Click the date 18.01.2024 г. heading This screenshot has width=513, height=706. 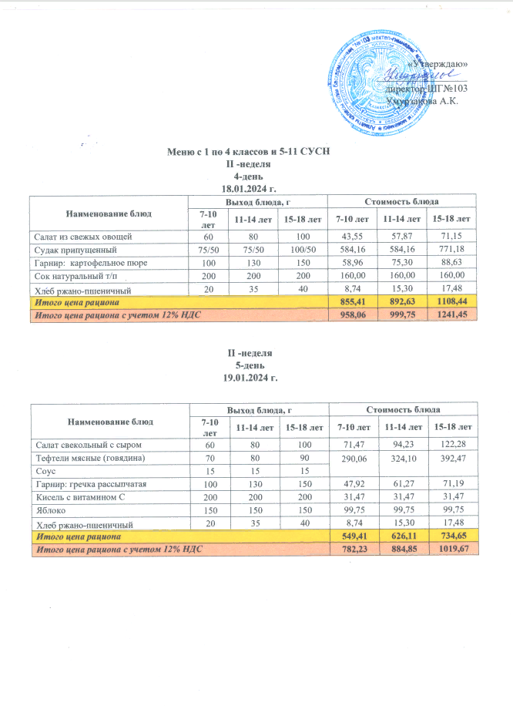(248, 187)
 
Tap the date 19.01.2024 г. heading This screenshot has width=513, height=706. (248, 379)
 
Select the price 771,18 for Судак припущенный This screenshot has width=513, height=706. (451, 249)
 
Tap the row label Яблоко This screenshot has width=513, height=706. (47, 509)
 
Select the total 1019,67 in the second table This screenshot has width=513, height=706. (451, 548)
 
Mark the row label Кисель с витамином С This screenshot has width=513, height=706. (78, 496)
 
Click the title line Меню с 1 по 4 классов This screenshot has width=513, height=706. (248, 152)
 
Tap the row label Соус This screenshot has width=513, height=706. (42, 470)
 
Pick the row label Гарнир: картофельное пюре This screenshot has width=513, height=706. (85, 262)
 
